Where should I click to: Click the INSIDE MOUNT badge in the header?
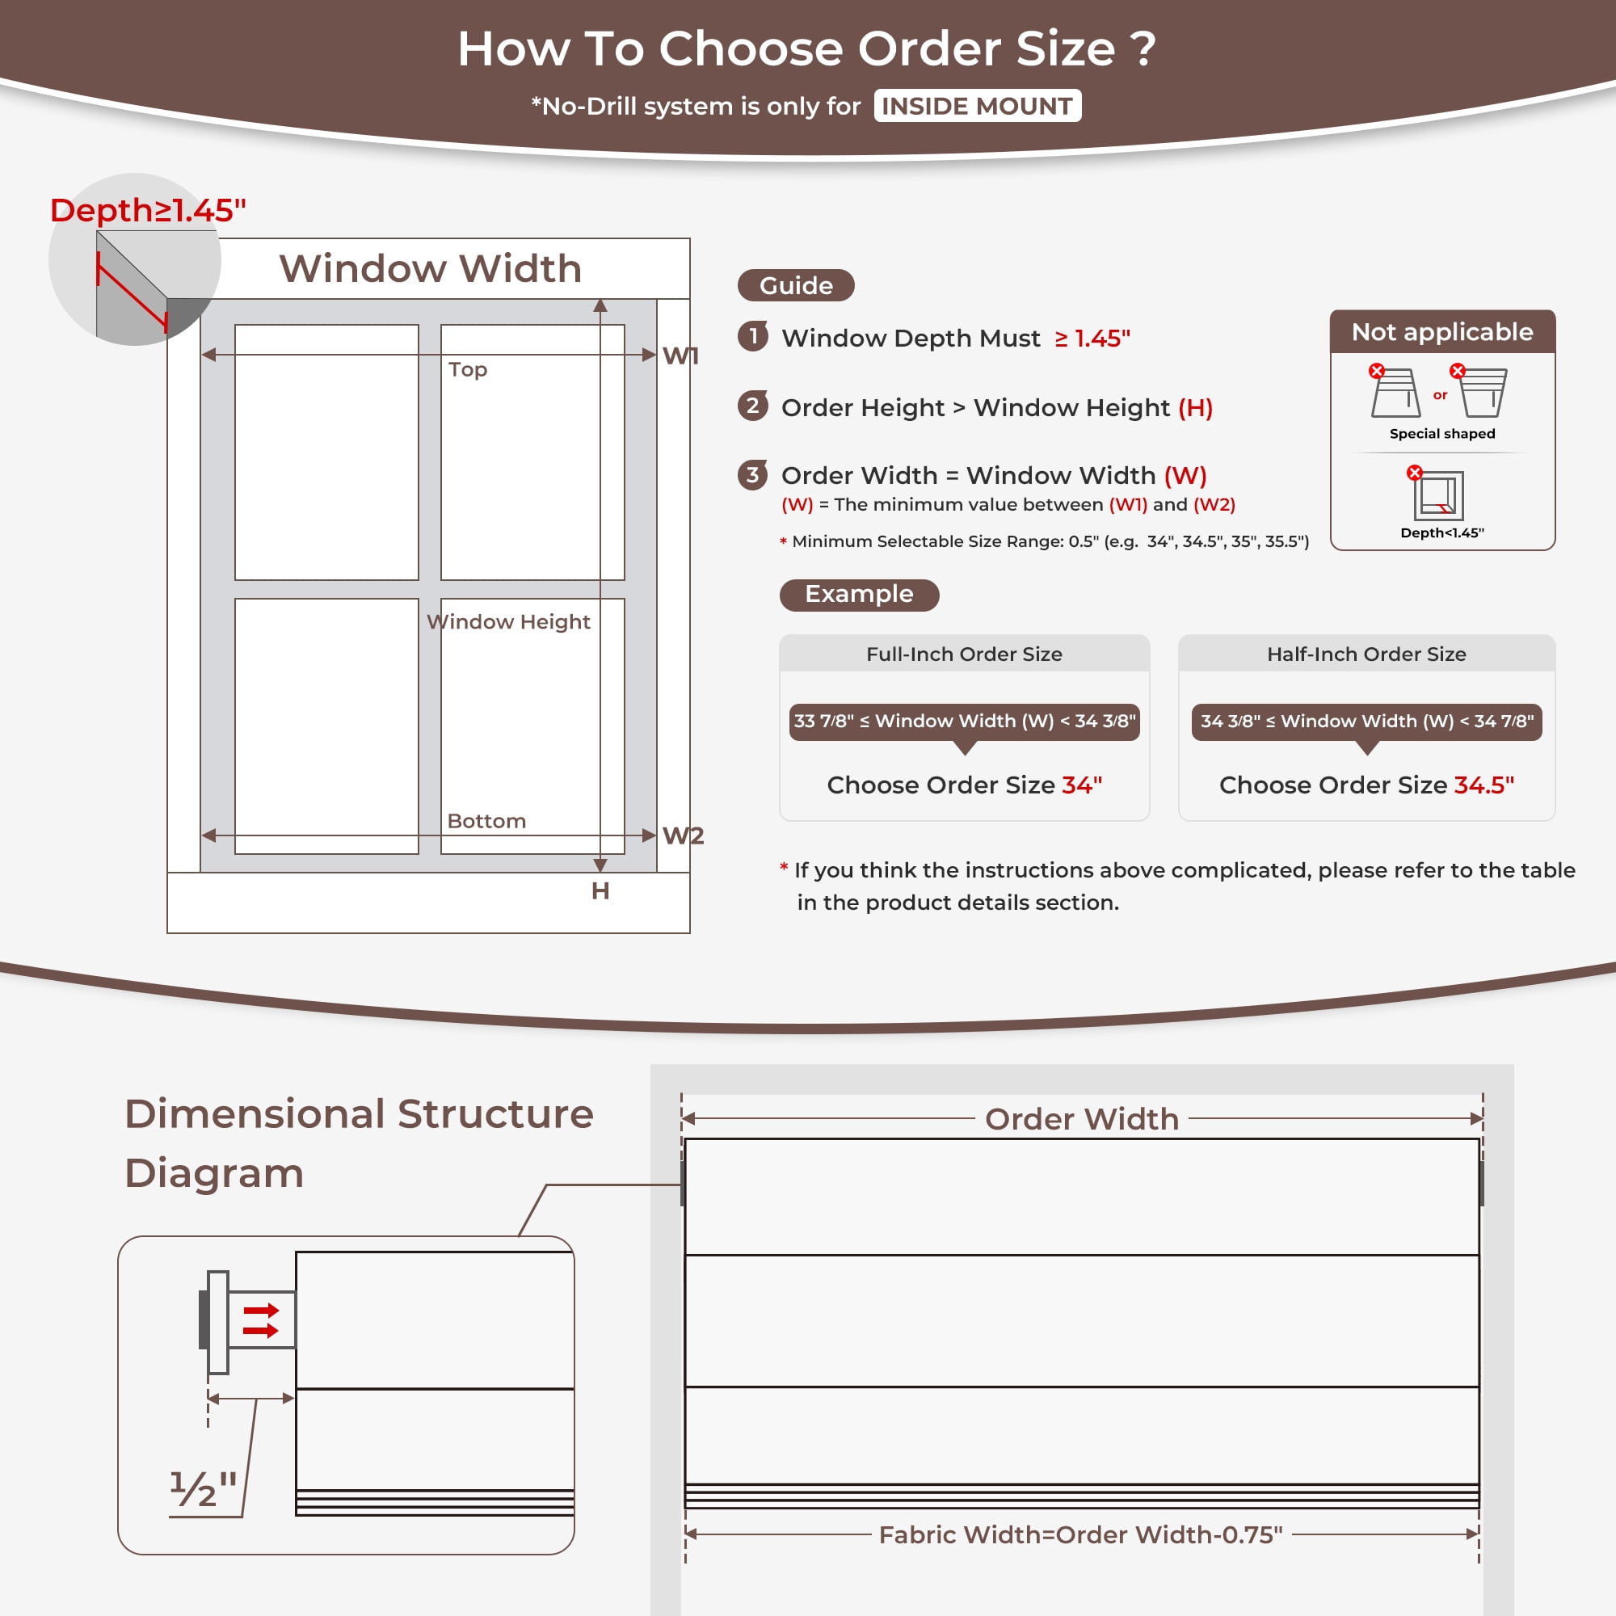[x=977, y=106]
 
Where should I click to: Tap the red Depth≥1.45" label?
[x=148, y=210]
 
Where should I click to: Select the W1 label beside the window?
[x=681, y=356]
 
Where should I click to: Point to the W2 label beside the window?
[x=684, y=835]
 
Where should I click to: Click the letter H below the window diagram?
[x=600, y=890]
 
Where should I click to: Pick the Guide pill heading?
[x=795, y=285]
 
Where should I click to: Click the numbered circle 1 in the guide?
[x=753, y=336]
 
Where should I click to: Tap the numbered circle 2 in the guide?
[x=753, y=406]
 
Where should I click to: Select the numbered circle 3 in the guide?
[x=753, y=475]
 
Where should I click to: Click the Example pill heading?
[x=859, y=595]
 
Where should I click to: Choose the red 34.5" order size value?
[x=1483, y=785]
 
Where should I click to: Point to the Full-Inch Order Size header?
[x=965, y=654]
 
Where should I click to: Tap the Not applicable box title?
[x=1442, y=332]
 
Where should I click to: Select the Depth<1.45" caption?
[x=1442, y=532]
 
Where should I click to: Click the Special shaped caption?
[x=1442, y=433]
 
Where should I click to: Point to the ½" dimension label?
[x=204, y=1489]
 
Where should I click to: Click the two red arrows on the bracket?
[x=260, y=1320]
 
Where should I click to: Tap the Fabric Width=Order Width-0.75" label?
[x=1080, y=1535]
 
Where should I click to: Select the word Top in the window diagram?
[x=468, y=370]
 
